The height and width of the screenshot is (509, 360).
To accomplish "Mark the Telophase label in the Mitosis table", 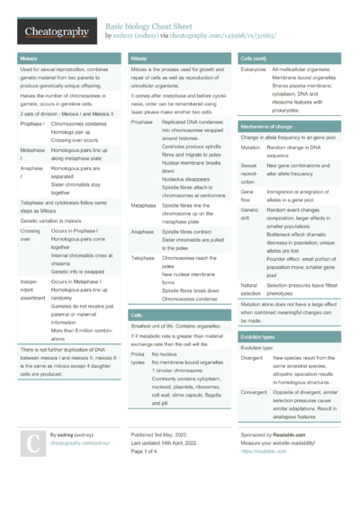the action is click(143, 257).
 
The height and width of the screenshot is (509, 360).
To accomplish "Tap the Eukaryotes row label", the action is click(254, 69).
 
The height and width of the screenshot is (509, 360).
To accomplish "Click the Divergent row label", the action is click(256, 357).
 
